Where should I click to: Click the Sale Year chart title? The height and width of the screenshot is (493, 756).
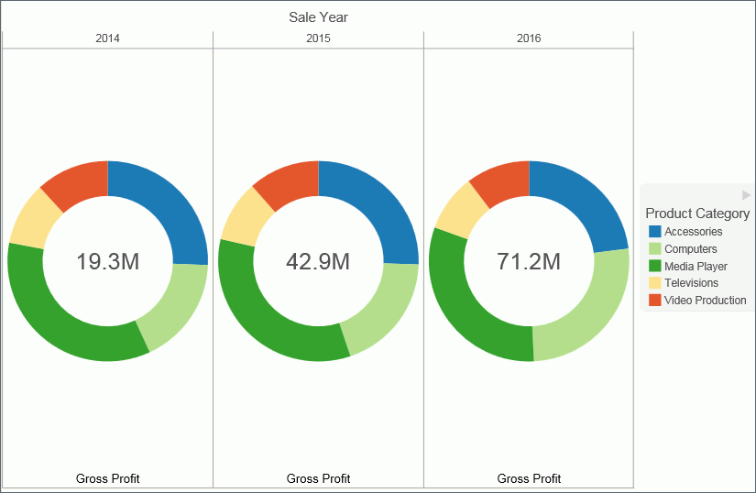tap(318, 17)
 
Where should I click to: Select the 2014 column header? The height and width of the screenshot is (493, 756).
tap(107, 38)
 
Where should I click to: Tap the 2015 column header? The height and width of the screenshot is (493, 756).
tap(318, 38)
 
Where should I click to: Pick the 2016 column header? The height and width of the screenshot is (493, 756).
tap(529, 38)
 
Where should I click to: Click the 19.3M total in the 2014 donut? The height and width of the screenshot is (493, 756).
tap(107, 261)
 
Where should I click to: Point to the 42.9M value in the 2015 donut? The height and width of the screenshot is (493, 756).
tap(318, 261)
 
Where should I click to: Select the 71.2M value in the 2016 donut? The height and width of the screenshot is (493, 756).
tap(529, 261)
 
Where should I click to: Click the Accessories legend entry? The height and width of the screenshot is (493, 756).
tap(693, 232)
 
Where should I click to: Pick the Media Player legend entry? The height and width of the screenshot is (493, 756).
tap(696, 266)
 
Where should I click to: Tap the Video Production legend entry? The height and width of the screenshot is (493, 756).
tap(705, 300)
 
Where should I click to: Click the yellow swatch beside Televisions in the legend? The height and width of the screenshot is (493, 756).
tap(654, 283)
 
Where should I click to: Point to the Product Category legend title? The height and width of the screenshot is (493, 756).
tap(697, 214)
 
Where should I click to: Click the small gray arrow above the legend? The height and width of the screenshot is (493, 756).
tap(746, 195)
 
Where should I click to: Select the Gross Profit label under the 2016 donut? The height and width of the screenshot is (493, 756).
tap(529, 478)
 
